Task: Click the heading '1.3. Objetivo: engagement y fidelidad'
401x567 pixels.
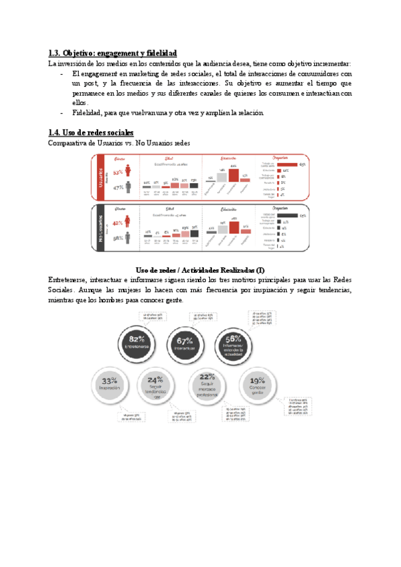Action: pos(113,53)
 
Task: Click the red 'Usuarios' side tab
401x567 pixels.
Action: pos(98,177)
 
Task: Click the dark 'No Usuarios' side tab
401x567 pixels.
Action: pos(98,228)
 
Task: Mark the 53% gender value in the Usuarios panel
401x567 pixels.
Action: pos(118,173)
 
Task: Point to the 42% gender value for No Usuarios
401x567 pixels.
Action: pos(118,223)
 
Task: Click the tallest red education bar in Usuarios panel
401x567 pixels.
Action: pos(233,175)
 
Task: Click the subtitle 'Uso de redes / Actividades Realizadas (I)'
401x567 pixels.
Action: pos(200,268)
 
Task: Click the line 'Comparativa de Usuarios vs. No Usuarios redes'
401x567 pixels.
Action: pos(120,143)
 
